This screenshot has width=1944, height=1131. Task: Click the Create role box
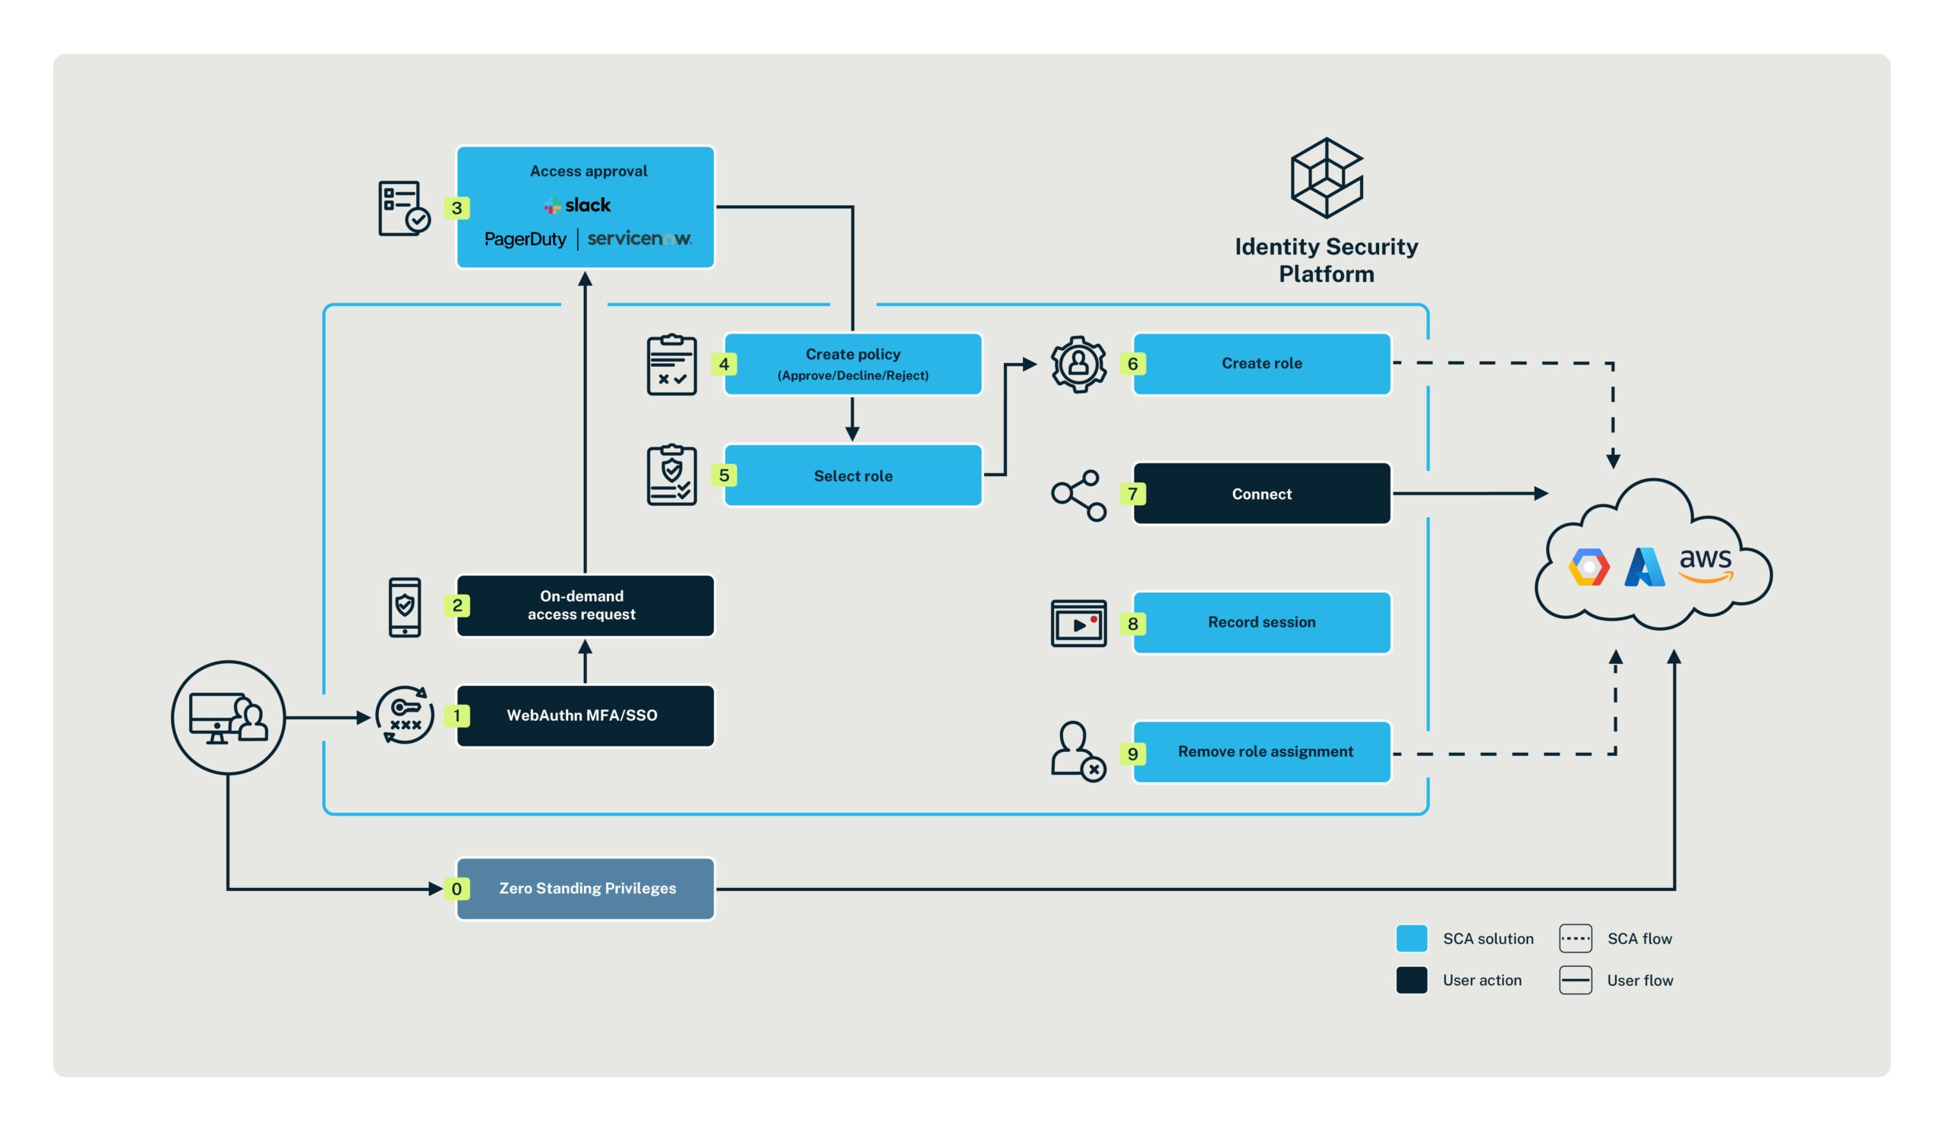click(1261, 363)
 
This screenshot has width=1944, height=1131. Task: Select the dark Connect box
click(1261, 494)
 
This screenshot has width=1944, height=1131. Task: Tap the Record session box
click(1261, 623)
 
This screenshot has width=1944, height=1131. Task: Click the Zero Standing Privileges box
click(586, 889)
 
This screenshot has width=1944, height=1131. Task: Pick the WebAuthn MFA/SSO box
click(585, 716)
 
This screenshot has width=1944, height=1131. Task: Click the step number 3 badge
click(456, 208)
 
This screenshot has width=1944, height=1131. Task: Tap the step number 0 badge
click(456, 889)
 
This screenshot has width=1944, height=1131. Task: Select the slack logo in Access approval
click(578, 205)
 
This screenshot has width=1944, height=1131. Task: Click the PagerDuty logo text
click(525, 239)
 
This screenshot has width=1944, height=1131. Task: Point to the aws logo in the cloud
click(1706, 563)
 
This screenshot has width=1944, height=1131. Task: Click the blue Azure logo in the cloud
click(1644, 568)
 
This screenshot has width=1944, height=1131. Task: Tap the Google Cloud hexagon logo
click(1589, 568)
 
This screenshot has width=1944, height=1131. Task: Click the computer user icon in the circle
click(229, 718)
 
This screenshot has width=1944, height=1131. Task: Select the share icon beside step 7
click(1078, 495)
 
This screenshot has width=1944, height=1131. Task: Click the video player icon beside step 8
click(1078, 624)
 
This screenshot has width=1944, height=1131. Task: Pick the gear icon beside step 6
click(1078, 364)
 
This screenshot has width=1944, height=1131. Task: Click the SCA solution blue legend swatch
click(1412, 939)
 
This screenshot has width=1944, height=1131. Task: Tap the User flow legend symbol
click(1575, 981)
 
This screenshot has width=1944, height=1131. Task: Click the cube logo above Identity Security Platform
click(1326, 178)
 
